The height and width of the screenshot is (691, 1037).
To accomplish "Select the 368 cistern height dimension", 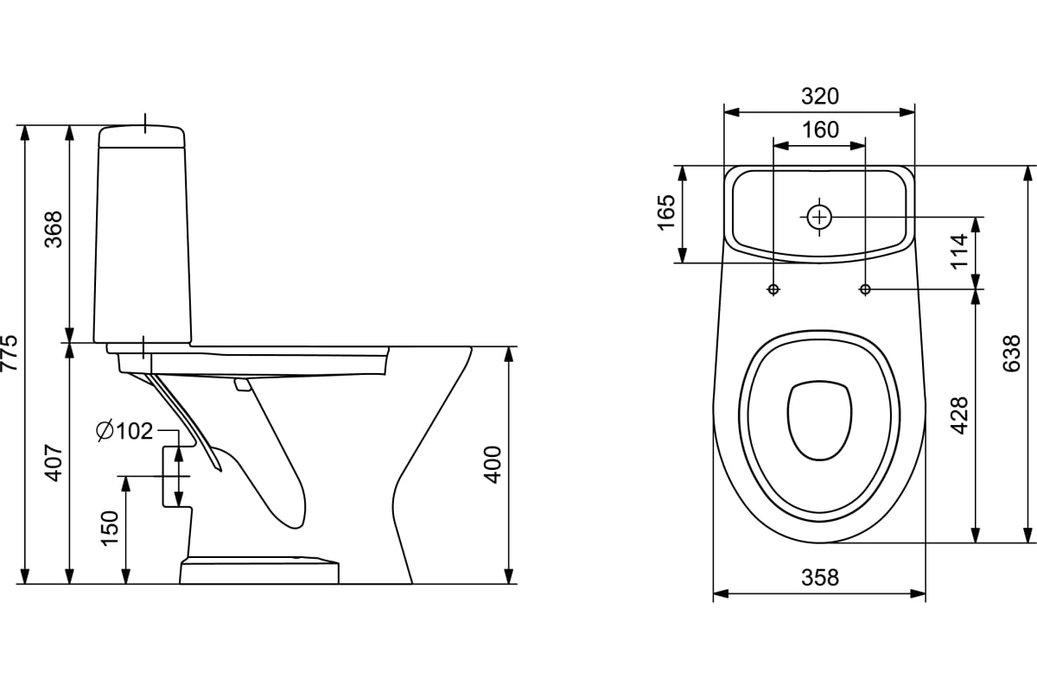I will [x=54, y=229].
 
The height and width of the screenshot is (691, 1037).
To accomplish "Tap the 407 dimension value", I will [x=54, y=462].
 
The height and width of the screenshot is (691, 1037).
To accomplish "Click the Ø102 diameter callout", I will [x=125, y=430].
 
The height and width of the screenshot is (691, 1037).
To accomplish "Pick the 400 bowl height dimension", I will [x=493, y=464].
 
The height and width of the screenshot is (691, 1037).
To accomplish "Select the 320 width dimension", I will [x=819, y=96].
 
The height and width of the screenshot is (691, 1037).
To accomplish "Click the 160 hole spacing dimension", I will [x=819, y=130].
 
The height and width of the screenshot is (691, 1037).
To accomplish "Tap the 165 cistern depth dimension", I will [x=665, y=212].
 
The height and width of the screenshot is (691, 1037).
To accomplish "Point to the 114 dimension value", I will [x=960, y=251].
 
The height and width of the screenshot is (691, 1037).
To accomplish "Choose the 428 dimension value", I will [x=960, y=415].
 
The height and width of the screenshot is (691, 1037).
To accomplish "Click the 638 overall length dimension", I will [x=1012, y=353].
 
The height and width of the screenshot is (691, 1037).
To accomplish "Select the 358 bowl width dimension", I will [x=819, y=577].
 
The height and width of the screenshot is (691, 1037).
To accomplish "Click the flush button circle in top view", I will [x=819, y=216].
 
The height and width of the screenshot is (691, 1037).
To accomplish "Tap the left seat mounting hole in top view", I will [x=773, y=289].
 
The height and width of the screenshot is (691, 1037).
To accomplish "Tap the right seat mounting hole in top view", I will [x=865, y=289].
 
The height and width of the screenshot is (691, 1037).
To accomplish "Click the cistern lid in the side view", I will [x=142, y=136].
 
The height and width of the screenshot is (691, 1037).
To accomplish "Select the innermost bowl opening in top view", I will [x=819, y=420].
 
